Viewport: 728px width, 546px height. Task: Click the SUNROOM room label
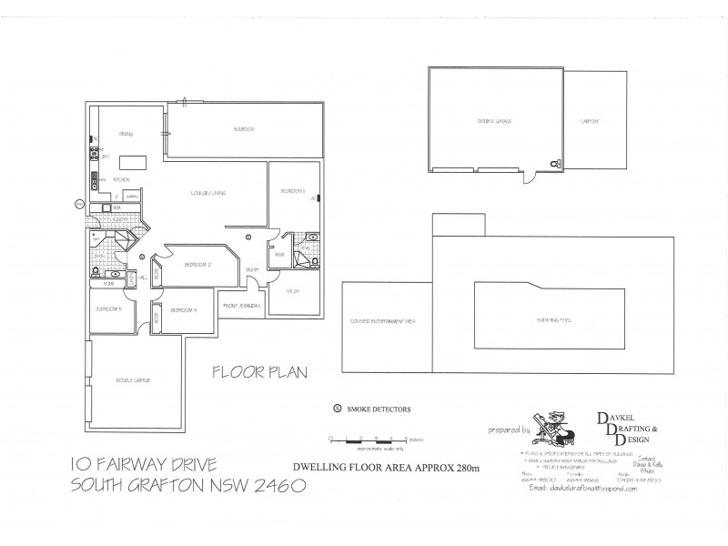coord(243,129)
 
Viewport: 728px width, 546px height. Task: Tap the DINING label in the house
coord(126,134)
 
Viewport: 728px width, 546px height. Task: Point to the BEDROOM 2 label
coord(197,265)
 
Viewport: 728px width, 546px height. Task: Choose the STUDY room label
coord(293,291)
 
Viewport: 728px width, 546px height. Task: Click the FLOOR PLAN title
coord(261,371)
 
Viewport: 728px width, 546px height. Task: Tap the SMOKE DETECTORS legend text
coord(379,409)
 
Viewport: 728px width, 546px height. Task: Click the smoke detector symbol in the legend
coord(338,409)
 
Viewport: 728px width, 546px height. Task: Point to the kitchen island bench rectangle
coord(136,161)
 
